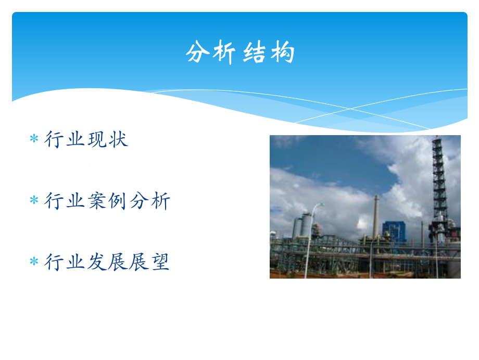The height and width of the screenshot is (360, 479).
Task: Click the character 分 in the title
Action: [x=197, y=53]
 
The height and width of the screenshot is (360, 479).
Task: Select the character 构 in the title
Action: [x=282, y=53]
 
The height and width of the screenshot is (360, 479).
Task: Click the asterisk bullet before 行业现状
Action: [x=34, y=139]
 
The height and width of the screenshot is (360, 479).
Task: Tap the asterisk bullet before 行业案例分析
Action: [x=34, y=201]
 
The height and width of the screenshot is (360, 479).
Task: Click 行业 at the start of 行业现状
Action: [x=66, y=139]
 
